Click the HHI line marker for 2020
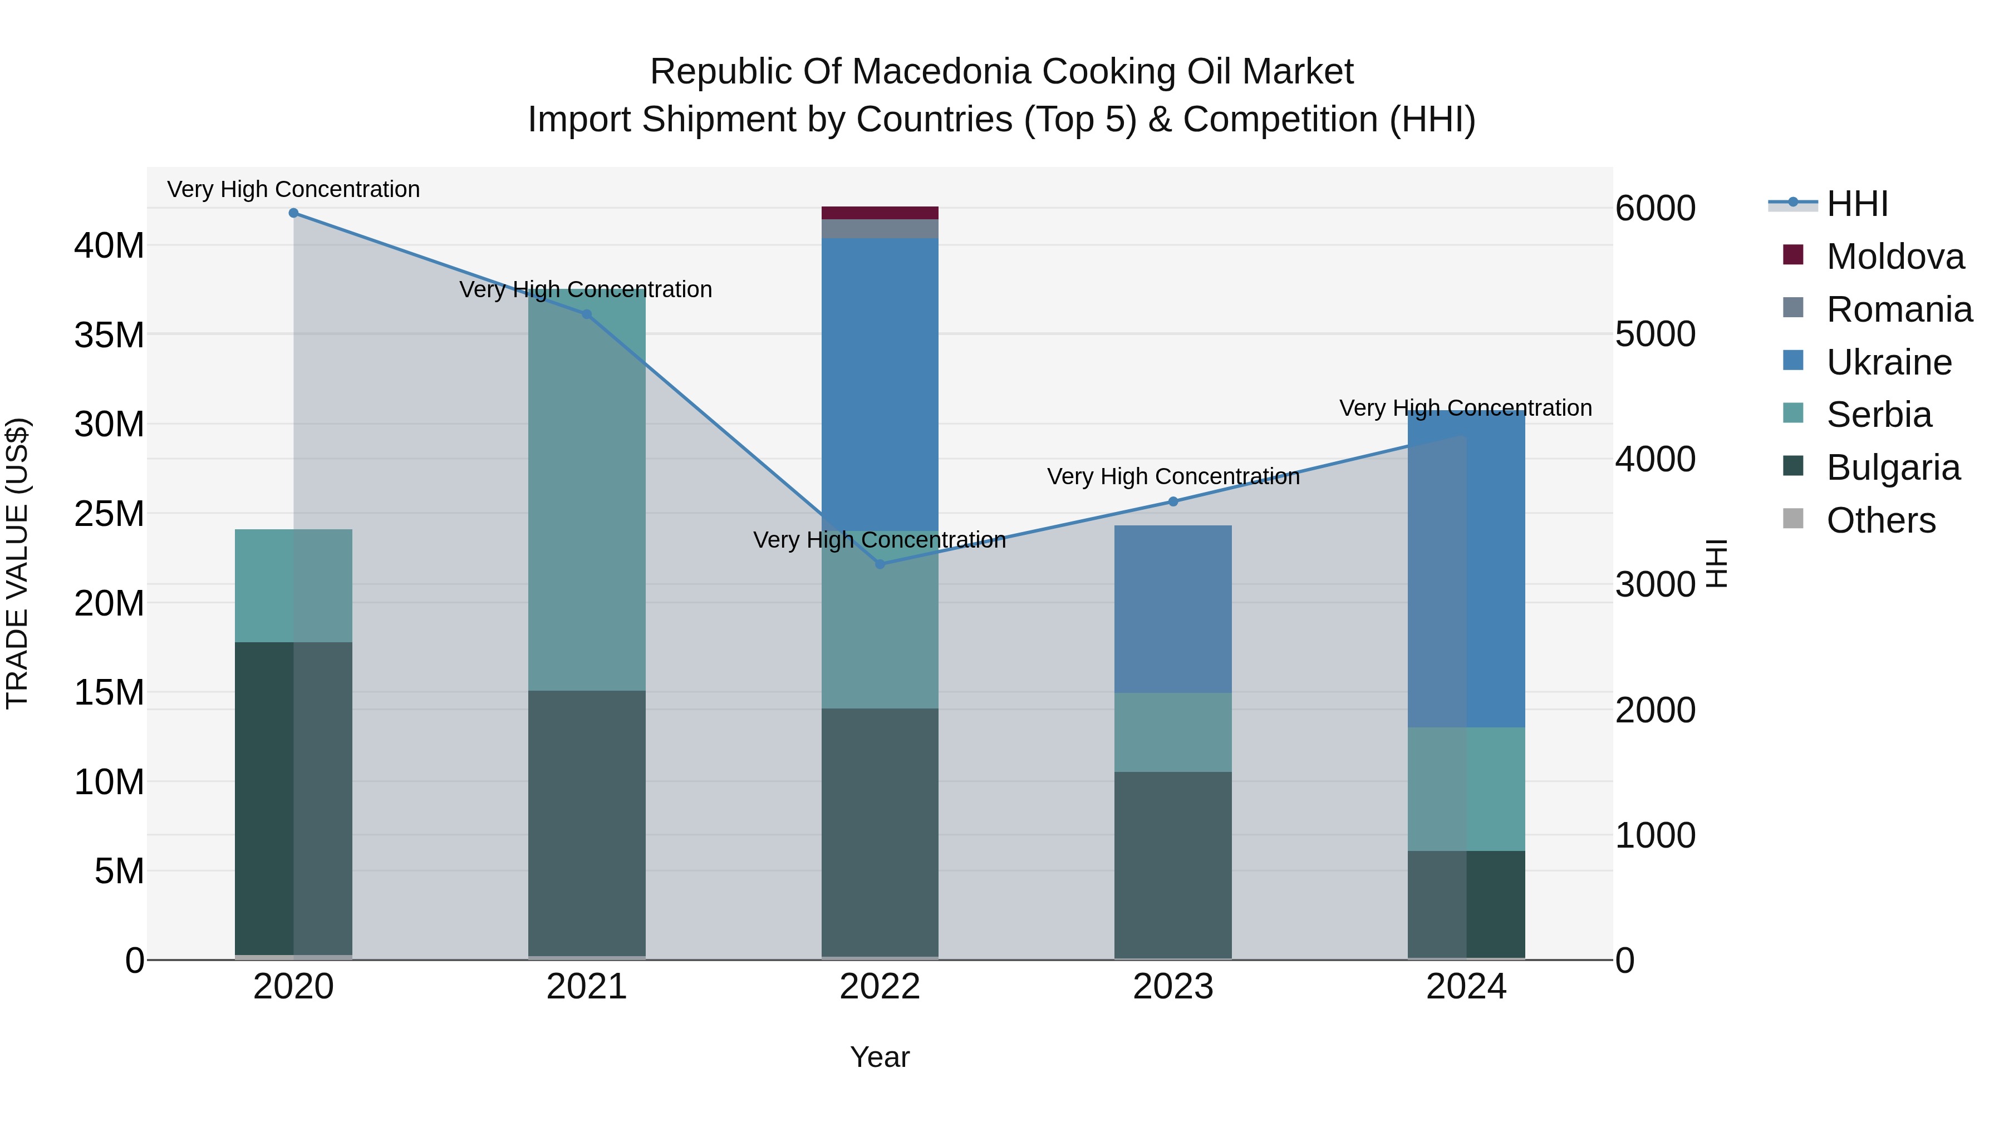[x=293, y=213]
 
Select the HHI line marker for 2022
[x=880, y=564]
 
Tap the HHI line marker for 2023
[x=1173, y=501]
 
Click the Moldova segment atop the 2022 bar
[x=880, y=213]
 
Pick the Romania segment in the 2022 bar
[x=880, y=229]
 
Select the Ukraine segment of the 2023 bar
[x=1173, y=609]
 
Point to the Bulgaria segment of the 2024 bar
[x=1466, y=904]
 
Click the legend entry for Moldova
[x=1894, y=257]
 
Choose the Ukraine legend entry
[x=1888, y=362]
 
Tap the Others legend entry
[x=1880, y=520]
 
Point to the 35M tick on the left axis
[x=109, y=335]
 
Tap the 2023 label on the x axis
[x=1173, y=987]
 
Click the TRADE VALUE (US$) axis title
[x=18, y=563]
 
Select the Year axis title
[x=880, y=1057]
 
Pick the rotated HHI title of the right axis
[x=1716, y=563]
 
